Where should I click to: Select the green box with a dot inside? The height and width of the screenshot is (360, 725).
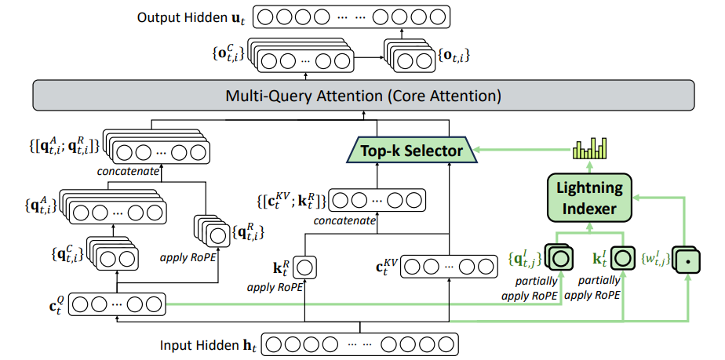(688, 257)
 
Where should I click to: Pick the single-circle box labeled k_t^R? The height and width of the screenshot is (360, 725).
(304, 267)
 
